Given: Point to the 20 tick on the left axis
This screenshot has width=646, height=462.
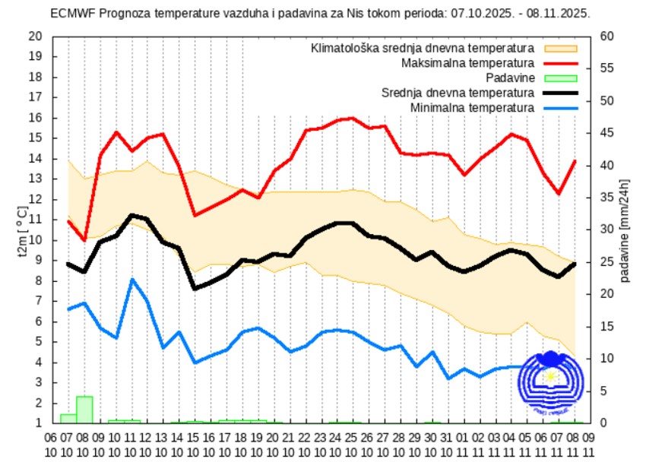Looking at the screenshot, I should click(35, 36).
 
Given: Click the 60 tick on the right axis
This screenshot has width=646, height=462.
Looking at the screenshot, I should click(606, 36).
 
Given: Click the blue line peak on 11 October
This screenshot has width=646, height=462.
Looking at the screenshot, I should click(132, 280).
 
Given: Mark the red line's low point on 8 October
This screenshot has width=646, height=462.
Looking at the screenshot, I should click(84, 240).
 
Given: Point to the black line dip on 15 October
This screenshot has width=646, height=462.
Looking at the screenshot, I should click(195, 289).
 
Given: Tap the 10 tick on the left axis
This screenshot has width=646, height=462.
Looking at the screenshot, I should click(35, 240).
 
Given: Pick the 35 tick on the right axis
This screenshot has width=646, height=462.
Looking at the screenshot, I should click(606, 198).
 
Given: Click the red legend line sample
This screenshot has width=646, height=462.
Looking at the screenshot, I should click(561, 63).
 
